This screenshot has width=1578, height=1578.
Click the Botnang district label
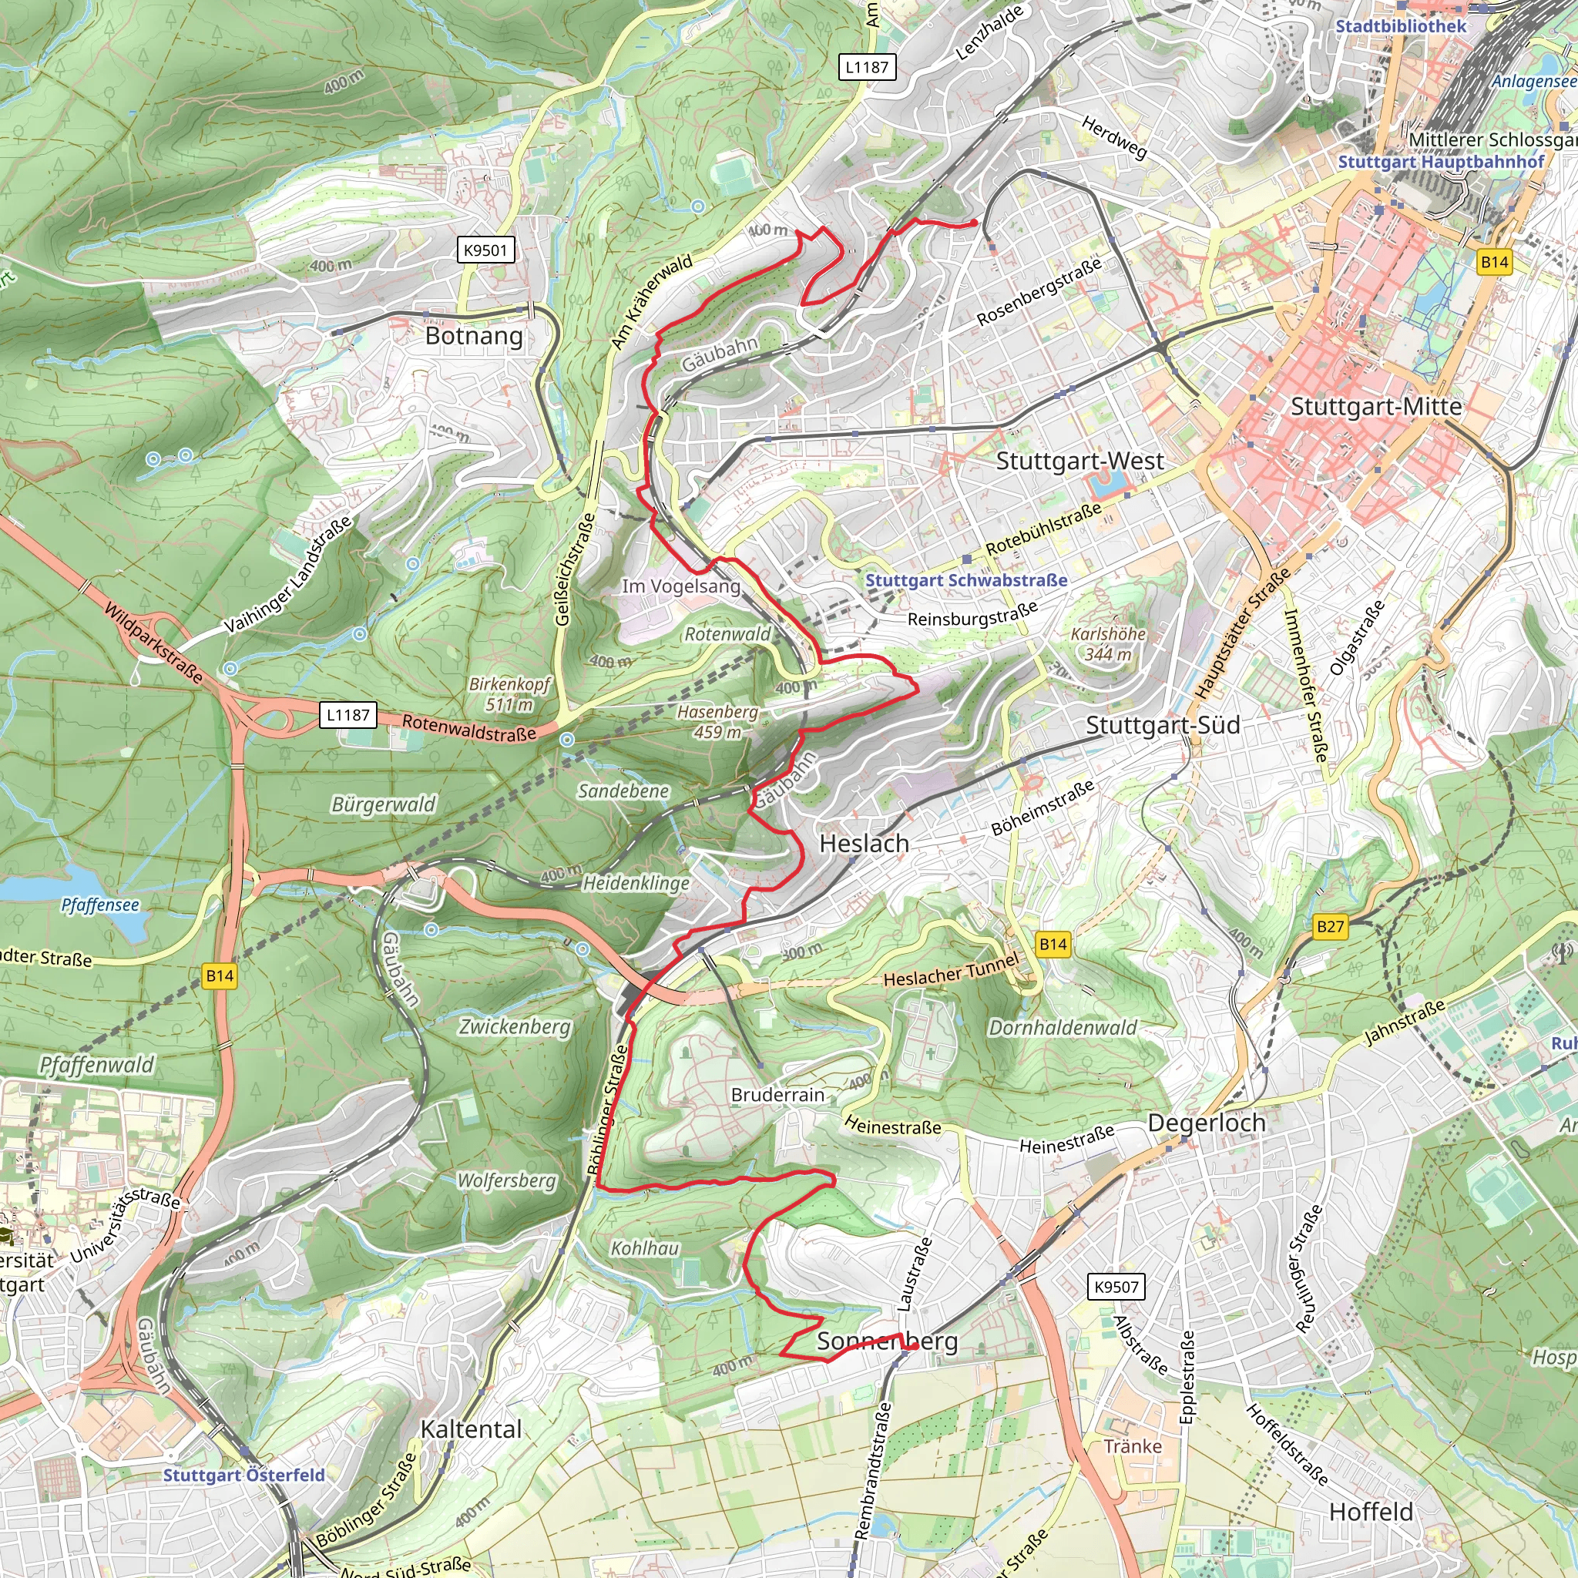pyautogui.click(x=474, y=337)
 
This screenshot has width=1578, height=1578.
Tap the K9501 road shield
pyautogui.click(x=485, y=250)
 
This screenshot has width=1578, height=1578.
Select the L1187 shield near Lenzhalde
pyautogui.click(x=867, y=67)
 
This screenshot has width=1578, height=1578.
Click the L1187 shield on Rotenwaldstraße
pyautogui.click(x=348, y=715)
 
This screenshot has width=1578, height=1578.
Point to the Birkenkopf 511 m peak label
pyautogui.click(x=509, y=694)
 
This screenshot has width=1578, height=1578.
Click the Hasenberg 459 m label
pyautogui.click(x=717, y=722)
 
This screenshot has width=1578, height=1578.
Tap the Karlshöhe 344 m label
pyautogui.click(x=1107, y=643)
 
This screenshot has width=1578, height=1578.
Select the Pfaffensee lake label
pyautogui.click(x=99, y=905)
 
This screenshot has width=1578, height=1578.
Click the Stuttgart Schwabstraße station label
pyautogui.click(x=966, y=580)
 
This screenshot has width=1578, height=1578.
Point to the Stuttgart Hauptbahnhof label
pyautogui.click(x=1440, y=162)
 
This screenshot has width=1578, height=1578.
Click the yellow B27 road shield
pyautogui.click(x=1330, y=926)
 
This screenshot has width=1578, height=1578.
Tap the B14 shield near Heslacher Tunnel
pyautogui.click(x=1053, y=944)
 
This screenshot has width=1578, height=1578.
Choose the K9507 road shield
pyautogui.click(x=1116, y=1288)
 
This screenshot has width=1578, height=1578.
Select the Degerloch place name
pyautogui.click(x=1207, y=1123)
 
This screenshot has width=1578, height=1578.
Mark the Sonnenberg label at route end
pyautogui.click(x=887, y=1341)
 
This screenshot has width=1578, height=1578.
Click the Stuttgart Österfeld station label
pyautogui.click(x=243, y=1475)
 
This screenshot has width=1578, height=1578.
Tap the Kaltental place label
pyautogui.click(x=471, y=1429)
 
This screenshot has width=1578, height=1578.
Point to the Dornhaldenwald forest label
pyautogui.click(x=1062, y=1028)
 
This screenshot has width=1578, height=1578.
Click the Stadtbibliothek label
pyautogui.click(x=1400, y=26)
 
